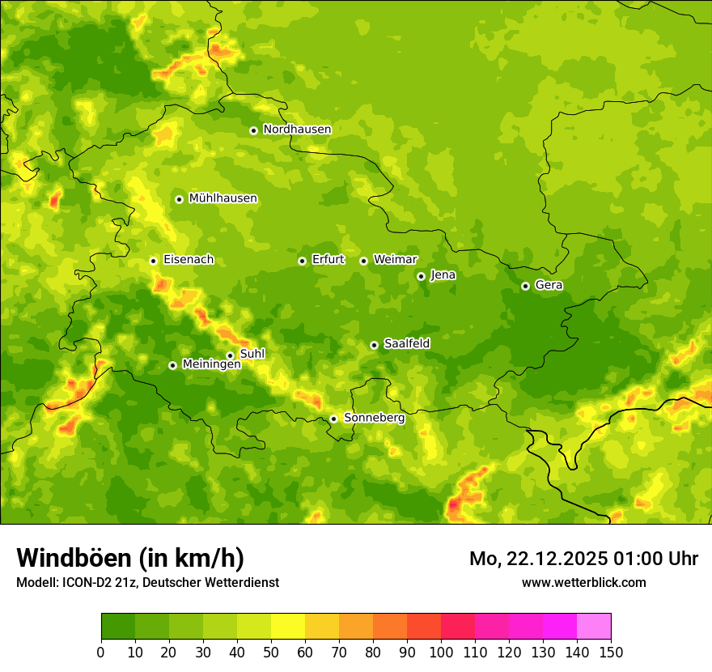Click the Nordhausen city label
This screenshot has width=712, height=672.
[297, 130]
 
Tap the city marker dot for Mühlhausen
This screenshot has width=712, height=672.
[179, 199]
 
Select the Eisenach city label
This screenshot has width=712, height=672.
[189, 260]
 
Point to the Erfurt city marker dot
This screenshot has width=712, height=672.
[302, 261]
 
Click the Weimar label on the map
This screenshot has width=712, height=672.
[395, 260]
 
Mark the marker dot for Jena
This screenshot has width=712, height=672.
[421, 276]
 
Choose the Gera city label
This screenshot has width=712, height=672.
[549, 285]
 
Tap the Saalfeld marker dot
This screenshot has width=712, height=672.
[374, 345]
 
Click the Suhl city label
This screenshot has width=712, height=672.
[252, 354]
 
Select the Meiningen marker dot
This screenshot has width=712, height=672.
[172, 365]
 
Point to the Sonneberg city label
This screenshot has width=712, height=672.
[374, 418]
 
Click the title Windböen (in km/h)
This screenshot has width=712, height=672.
[130, 558]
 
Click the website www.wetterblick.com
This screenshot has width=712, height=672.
[583, 582]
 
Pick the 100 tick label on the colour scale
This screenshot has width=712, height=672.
[441, 652]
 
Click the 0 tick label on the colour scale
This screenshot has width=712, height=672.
[101, 652]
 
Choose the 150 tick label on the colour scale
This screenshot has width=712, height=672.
[611, 652]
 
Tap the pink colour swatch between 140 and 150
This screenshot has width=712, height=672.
[594, 627]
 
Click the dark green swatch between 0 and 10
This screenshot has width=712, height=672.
[118, 627]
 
